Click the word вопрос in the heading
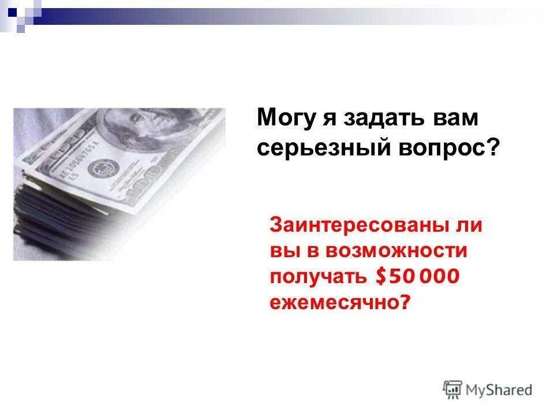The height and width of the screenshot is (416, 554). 446,148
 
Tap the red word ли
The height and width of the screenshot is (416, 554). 469,225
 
